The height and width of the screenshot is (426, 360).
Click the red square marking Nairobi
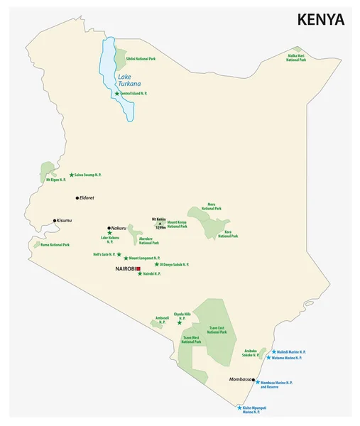(x=140, y=269)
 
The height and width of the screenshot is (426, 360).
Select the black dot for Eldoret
(x=78, y=197)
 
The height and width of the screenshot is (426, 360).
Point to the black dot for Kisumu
(x=54, y=221)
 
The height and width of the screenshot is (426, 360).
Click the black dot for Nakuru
(x=109, y=228)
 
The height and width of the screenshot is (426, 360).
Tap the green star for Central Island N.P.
(x=117, y=93)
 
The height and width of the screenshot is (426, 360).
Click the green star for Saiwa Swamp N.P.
(x=72, y=175)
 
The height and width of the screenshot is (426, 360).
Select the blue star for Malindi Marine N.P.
(x=273, y=351)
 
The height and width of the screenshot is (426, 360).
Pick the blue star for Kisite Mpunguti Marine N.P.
(x=240, y=408)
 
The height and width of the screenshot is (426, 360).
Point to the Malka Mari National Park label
(x=296, y=58)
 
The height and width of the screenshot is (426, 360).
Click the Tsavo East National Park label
(x=217, y=330)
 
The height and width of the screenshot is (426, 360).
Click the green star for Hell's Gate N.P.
(x=119, y=254)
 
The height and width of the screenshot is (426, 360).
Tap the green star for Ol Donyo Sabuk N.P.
(x=157, y=264)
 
